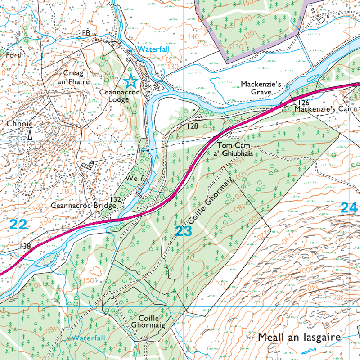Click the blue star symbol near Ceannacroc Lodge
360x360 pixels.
point(130,81)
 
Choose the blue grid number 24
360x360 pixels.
point(349,207)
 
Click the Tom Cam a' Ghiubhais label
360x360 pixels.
point(234,149)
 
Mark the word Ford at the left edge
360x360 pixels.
point(13,55)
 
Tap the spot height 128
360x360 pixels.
point(193,127)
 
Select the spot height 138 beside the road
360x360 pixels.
point(25,246)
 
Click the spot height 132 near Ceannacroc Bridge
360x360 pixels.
point(116,198)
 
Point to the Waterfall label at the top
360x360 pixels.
point(153,49)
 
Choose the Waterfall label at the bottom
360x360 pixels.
point(88,337)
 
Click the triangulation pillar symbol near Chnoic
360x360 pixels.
point(30,134)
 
